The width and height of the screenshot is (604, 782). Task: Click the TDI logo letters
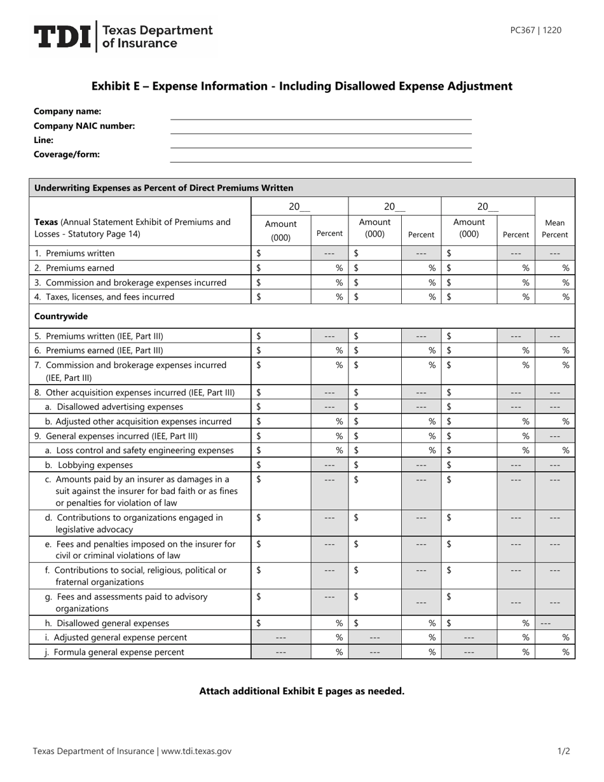coord(62,37)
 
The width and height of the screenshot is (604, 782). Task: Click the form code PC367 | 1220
coord(535,30)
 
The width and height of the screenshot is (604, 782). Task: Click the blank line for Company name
coord(321,114)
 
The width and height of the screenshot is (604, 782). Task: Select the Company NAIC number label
coord(84,126)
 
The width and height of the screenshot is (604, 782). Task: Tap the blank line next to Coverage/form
coord(321,157)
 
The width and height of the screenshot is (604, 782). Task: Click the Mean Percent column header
coord(554,229)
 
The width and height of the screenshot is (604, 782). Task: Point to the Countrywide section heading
coord(61,316)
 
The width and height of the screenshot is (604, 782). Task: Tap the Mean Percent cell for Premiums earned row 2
coord(555,268)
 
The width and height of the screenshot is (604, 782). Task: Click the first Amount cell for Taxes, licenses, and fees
coord(281,297)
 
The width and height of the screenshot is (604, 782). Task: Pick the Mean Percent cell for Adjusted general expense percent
coord(555,637)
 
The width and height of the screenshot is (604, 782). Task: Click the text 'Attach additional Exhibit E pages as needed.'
coord(302,691)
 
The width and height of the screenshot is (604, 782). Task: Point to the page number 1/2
coord(563,751)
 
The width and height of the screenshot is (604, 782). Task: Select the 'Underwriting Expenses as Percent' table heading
coord(163,188)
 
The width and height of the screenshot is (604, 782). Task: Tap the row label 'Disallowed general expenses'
coord(114,623)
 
